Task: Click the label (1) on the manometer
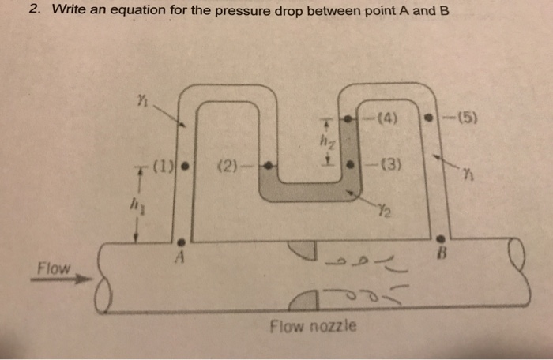tap(164, 167)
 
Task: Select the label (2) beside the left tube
tap(225, 167)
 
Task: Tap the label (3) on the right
tap(391, 166)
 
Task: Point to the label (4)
tap(387, 121)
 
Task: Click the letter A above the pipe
tap(181, 255)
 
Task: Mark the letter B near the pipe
tap(442, 255)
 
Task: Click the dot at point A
tap(182, 240)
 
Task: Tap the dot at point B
tap(441, 238)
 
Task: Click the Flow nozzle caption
tap(314, 325)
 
